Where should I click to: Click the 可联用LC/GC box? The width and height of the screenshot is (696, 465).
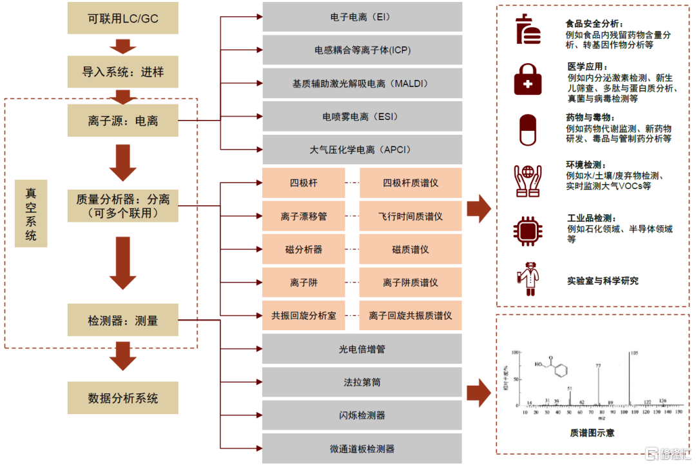click(122, 19)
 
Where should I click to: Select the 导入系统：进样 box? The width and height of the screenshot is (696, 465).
click(122, 71)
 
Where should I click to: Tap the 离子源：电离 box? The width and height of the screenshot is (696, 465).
click(122, 121)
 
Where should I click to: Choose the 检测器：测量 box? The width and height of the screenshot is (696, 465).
click(122, 321)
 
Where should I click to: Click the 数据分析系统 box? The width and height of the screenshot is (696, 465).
click(122, 398)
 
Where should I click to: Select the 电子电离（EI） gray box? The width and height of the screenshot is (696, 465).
click(362, 17)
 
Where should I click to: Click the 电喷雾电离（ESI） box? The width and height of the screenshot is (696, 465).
click(362, 117)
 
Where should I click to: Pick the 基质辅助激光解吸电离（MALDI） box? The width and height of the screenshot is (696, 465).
click(362, 84)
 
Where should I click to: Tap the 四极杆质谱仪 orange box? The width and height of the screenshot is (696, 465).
click(411, 183)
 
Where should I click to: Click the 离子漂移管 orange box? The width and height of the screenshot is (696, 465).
click(304, 217)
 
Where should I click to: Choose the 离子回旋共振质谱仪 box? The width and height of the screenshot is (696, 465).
click(411, 316)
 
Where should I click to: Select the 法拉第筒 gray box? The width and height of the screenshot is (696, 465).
click(362, 382)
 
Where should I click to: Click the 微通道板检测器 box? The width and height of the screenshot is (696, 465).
click(362, 449)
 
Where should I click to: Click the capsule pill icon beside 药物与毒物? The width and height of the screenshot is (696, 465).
click(527, 130)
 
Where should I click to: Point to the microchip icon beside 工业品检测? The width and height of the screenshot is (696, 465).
click(527, 229)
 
